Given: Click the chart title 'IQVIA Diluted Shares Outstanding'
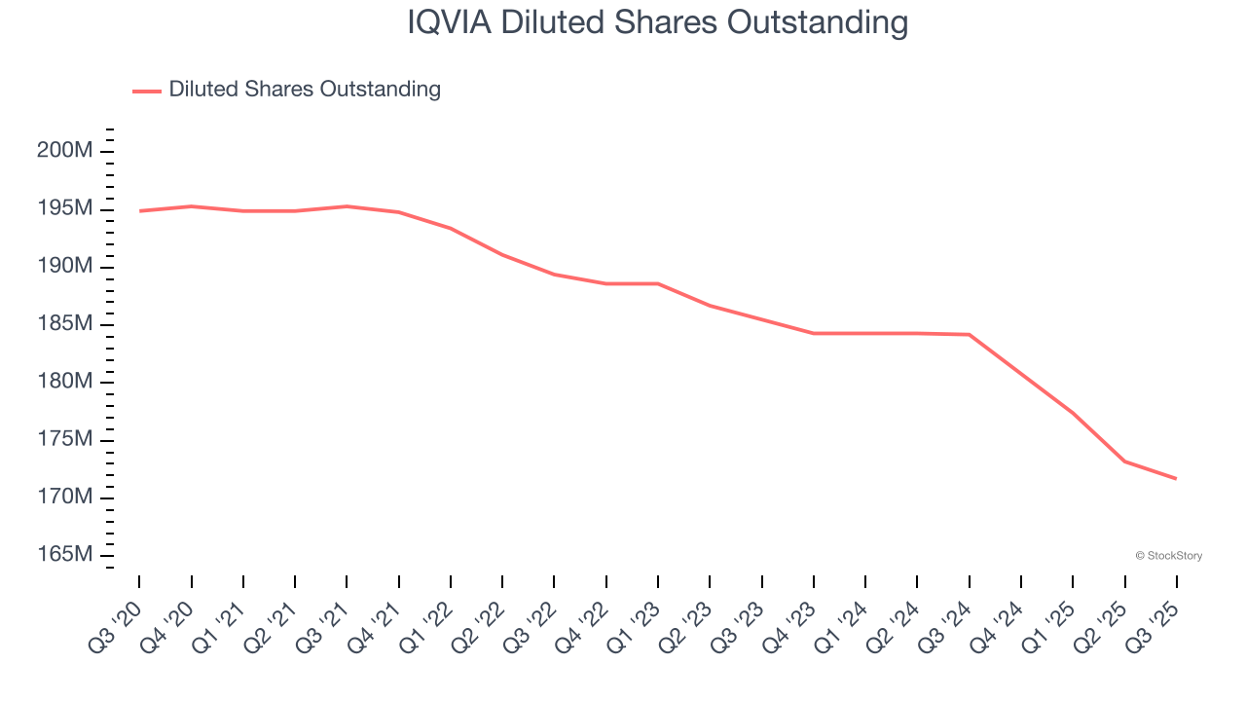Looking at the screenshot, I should [x=657, y=22].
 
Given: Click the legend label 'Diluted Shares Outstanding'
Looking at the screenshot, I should [x=305, y=90].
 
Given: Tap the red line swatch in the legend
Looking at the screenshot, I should [x=147, y=91].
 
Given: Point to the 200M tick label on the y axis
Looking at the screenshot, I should [x=66, y=151].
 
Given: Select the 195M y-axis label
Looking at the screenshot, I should [x=66, y=208].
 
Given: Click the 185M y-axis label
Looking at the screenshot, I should [x=66, y=323].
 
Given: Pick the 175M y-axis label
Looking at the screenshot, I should [x=66, y=439].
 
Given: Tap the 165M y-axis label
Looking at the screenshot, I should [x=66, y=554].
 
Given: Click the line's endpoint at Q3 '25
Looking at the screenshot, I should [x=1176, y=478].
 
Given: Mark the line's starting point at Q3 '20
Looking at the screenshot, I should [x=139, y=210].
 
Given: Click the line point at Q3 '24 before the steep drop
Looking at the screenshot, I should [x=969, y=334].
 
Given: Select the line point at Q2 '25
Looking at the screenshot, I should [x=1124, y=461].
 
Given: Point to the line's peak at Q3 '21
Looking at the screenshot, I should [x=347, y=206].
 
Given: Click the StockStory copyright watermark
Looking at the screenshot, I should [x=1168, y=556].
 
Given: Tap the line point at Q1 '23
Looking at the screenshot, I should [x=658, y=283].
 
